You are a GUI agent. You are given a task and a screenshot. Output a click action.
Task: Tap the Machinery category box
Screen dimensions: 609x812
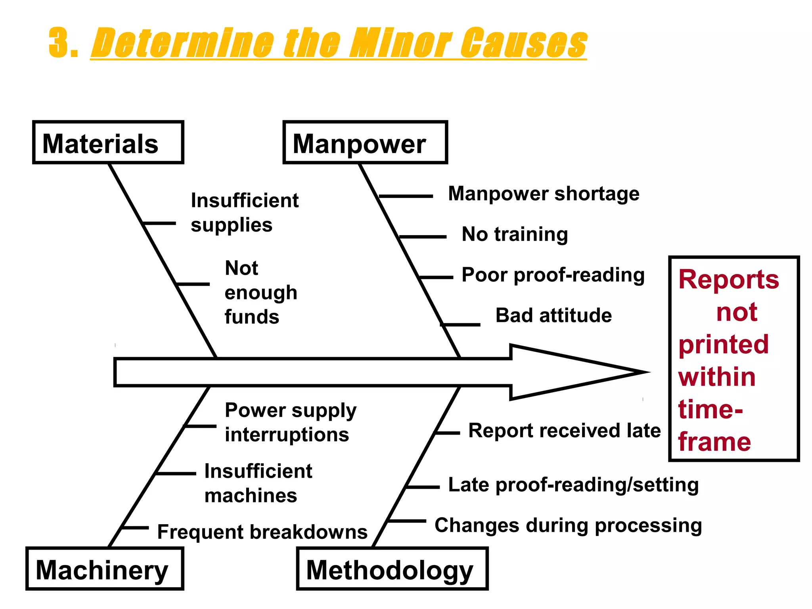(104, 569)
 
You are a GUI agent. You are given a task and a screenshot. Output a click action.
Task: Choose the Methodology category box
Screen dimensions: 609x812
(392, 569)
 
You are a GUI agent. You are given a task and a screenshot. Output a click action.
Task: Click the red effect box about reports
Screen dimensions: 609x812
(733, 359)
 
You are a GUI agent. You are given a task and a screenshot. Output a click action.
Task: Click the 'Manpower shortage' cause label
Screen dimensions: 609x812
(544, 194)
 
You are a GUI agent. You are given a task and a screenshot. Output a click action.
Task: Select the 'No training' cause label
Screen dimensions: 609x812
(515, 234)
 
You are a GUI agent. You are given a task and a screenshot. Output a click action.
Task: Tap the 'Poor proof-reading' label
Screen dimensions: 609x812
(553, 275)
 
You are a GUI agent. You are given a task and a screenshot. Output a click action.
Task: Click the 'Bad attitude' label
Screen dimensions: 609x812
(553, 316)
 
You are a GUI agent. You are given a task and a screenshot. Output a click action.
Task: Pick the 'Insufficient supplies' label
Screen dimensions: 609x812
(244, 213)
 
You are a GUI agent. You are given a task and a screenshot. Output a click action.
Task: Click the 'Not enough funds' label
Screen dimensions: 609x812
(260, 293)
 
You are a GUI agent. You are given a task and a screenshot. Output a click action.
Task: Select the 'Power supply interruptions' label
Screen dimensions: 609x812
(290, 422)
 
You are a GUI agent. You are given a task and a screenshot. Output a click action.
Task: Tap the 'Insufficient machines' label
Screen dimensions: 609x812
(258, 483)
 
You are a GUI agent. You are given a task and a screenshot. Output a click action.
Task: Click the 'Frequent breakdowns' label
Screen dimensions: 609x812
(262, 532)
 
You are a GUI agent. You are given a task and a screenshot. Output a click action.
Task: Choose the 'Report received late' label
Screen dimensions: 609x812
(564, 431)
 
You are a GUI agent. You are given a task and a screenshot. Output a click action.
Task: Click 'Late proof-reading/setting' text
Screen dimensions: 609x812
(573, 485)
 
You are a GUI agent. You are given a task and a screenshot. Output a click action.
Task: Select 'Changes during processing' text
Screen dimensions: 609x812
(568, 526)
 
